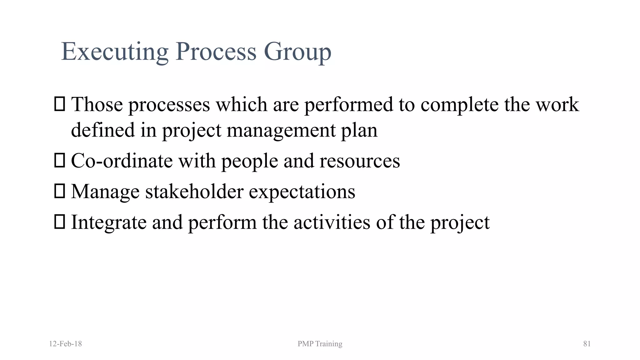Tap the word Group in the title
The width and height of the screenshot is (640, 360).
pyautogui.click(x=297, y=52)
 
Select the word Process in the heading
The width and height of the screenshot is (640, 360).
pyautogui.click(x=216, y=52)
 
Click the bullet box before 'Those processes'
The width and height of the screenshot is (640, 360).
pyautogui.click(x=59, y=104)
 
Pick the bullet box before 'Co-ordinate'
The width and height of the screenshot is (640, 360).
pyautogui.click(x=59, y=161)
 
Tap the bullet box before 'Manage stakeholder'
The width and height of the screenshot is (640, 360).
pyautogui.click(x=59, y=191)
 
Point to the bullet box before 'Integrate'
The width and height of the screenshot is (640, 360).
pyautogui.click(x=59, y=222)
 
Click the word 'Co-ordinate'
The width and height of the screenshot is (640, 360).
pyautogui.click(x=122, y=161)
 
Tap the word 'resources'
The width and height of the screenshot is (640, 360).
pyautogui.click(x=360, y=161)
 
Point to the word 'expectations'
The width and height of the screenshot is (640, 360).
pyautogui.click(x=302, y=192)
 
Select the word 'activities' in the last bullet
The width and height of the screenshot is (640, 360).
pyautogui.click(x=332, y=222)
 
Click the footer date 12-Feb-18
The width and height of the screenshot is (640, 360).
pyautogui.click(x=66, y=344)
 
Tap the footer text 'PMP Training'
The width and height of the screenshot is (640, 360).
pyautogui.click(x=320, y=344)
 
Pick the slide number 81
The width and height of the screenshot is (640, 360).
pyautogui.click(x=587, y=344)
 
